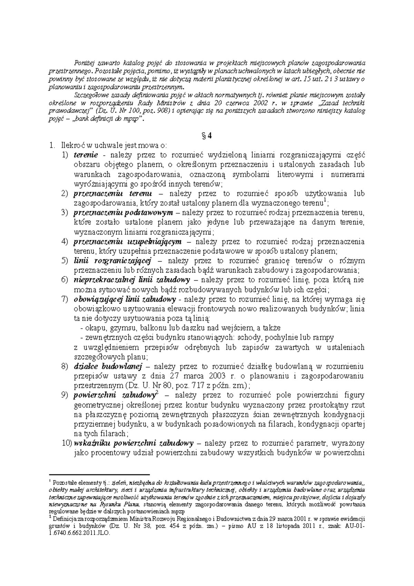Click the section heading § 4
[207, 136]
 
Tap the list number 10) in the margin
[67, 443]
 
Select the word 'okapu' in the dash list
[93, 328]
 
